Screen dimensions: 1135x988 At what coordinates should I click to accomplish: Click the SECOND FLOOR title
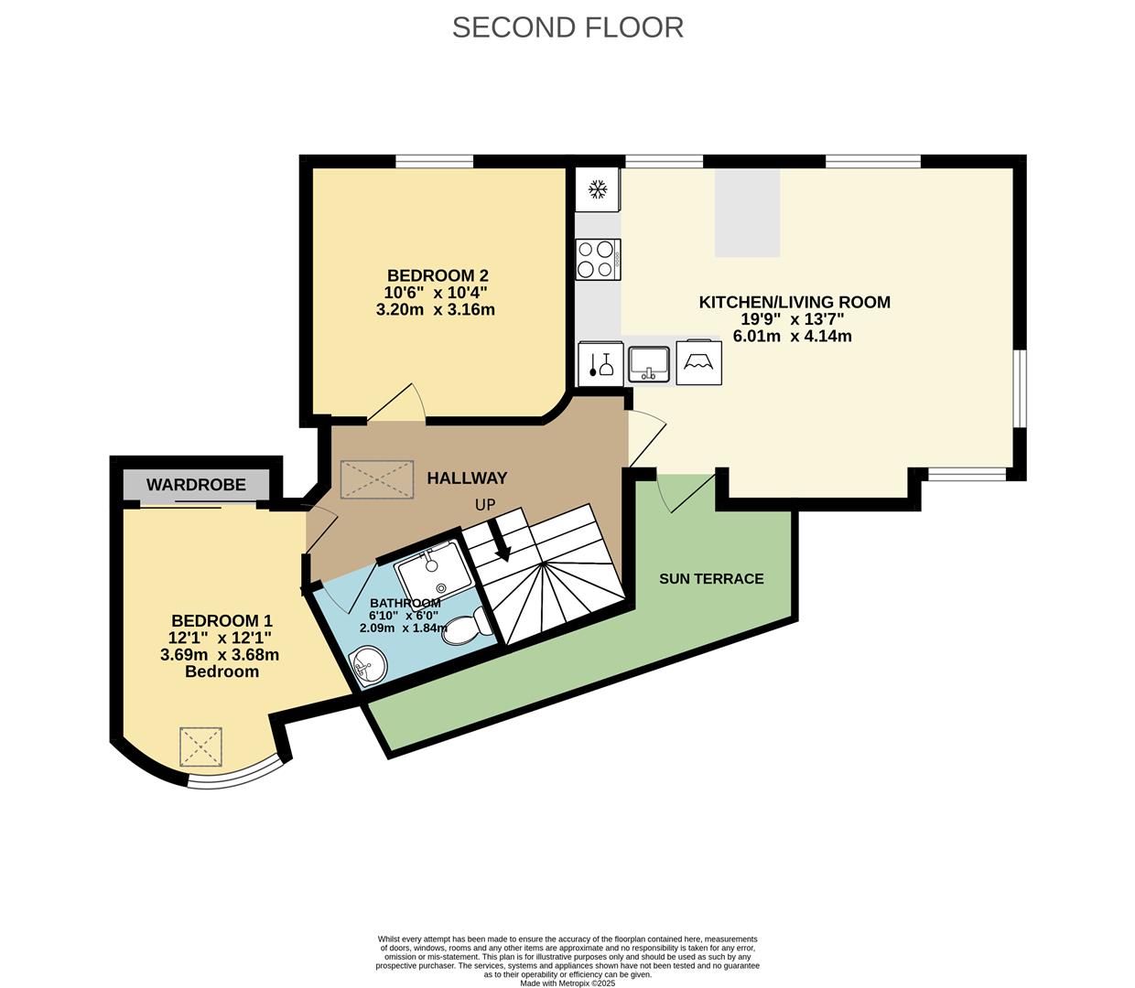point(567,27)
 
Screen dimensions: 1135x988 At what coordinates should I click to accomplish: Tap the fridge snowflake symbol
point(597,189)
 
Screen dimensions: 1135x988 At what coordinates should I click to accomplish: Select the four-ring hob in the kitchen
point(598,260)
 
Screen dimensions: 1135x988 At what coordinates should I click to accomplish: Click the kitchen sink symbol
point(648,364)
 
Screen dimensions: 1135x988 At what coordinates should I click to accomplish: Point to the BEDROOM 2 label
point(438,275)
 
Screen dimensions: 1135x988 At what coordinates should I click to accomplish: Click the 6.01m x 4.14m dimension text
point(792,336)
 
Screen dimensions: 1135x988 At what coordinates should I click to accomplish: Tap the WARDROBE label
point(196,485)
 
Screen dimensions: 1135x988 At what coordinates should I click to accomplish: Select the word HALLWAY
point(467,478)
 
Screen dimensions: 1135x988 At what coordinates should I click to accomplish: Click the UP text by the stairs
point(485,505)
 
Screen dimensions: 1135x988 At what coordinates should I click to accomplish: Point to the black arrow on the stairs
point(501,541)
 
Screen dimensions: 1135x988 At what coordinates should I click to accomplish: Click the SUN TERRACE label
point(711,579)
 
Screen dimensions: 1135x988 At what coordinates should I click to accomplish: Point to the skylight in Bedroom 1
point(200,747)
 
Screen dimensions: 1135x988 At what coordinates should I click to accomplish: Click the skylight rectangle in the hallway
point(377,479)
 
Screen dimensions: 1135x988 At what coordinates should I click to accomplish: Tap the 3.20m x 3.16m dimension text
point(436,309)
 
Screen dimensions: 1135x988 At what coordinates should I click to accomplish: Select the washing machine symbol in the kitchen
point(699,362)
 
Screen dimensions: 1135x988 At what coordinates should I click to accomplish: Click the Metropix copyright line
point(567,983)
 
